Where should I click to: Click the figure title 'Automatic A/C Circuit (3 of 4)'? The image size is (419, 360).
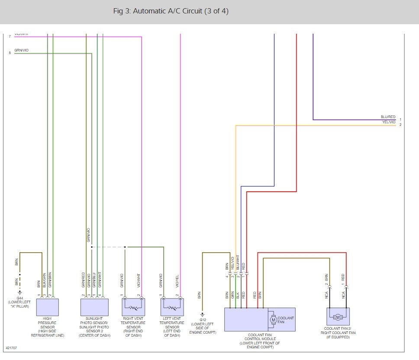[x=171, y=11]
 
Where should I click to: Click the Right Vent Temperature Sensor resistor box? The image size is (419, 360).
[x=133, y=307]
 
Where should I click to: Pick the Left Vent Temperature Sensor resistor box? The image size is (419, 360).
[x=172, y=307]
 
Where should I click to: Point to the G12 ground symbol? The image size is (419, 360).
[x=202, y=315]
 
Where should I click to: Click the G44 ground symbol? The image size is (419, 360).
[x=19, y=292]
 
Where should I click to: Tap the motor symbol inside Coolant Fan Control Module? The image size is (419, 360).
[x=273, y=320]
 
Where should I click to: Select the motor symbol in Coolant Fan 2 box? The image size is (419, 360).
[x=338, y=318]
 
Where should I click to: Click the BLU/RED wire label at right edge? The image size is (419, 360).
[x=388, y=117]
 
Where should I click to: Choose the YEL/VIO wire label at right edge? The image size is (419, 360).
[x=389, y=122]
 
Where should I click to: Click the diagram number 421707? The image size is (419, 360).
[x=11, y=347]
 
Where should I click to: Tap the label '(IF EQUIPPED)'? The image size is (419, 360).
[x=338, y=337]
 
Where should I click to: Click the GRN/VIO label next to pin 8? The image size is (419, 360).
[x=21, y=51]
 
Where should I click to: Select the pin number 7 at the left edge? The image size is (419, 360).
[x=10, y=36]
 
